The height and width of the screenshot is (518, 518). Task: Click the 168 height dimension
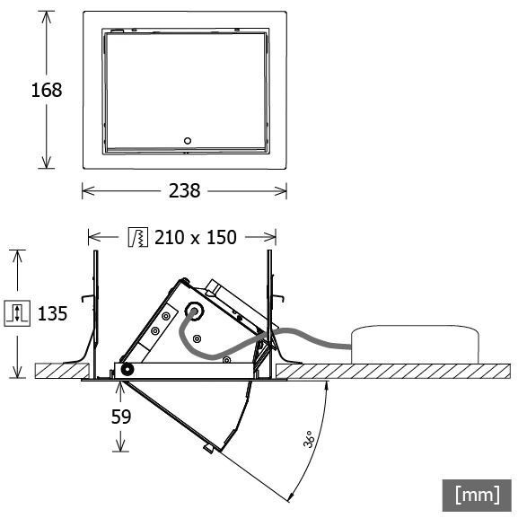coord(47,90)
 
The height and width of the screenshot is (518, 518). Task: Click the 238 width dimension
coord(184,191)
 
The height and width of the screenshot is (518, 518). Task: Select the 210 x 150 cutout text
coord(196,237)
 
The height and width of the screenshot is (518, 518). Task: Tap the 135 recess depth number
coord(53,313)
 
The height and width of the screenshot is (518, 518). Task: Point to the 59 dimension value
coord(121,417)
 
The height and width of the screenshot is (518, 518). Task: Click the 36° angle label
coord(308,439)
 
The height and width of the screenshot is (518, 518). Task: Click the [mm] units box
coord(477,496)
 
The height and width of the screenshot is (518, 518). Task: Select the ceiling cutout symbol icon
coord(138,237)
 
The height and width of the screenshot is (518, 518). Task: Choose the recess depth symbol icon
coord(17,313)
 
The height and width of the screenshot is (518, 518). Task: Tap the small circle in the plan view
coord(188,141)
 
